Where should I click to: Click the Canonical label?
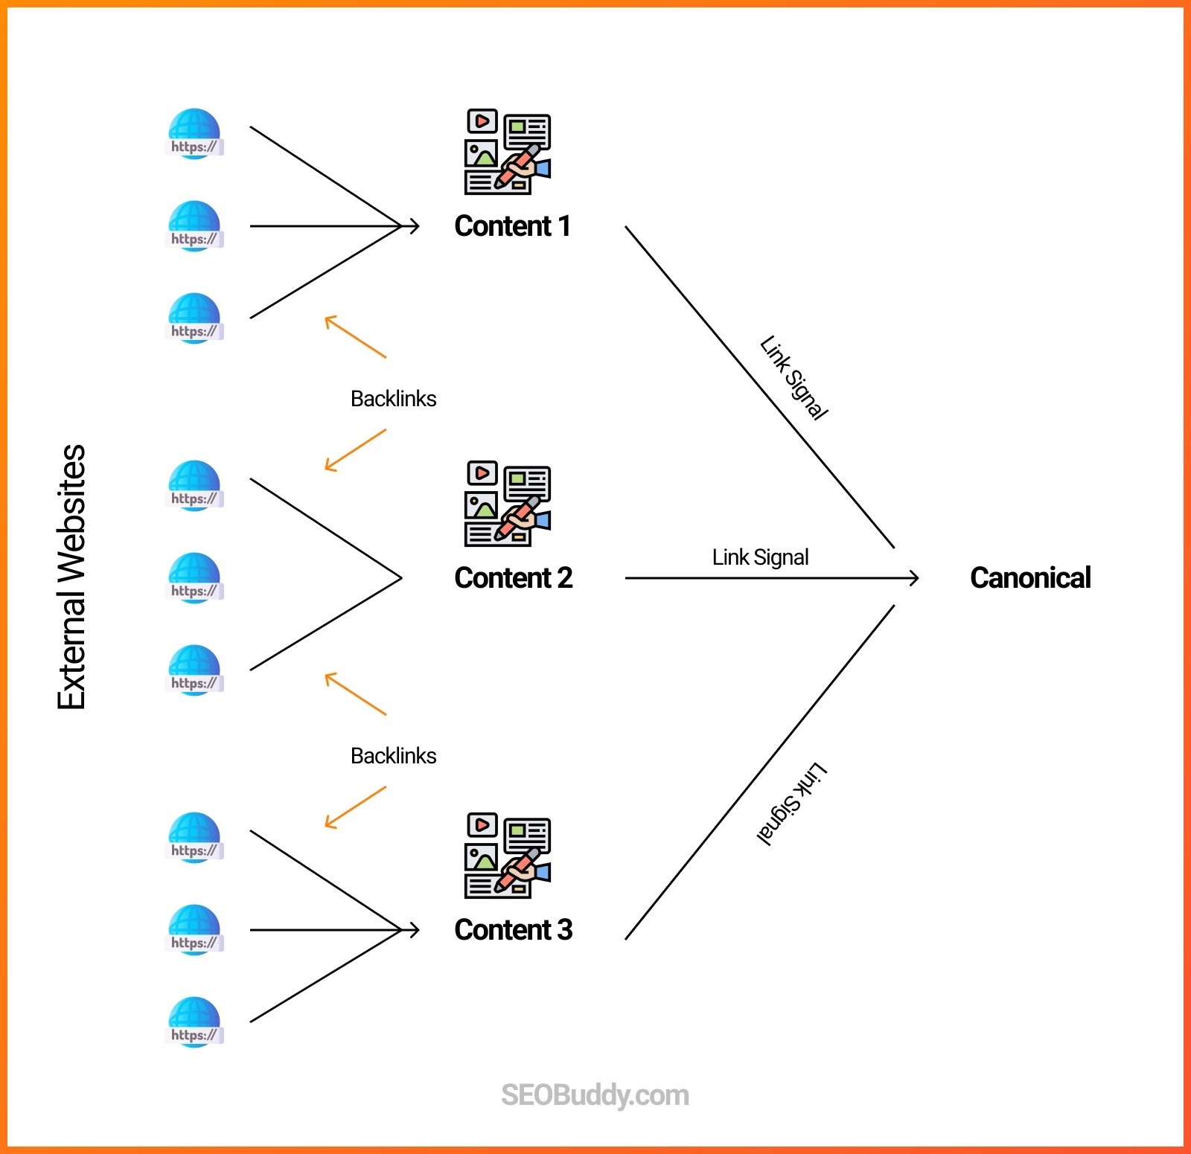coord(1030,578)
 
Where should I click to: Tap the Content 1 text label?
coord(512,226)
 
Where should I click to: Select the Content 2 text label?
coord(513,578)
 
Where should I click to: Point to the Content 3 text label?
coord(513,930)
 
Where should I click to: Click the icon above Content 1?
coord(508,152)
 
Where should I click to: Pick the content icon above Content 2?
coord(508,504)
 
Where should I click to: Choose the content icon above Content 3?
coord(508,856)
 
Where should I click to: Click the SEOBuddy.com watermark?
coord(595,1095)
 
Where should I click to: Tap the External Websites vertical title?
coord(72,577)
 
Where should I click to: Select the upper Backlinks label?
coord(393,399)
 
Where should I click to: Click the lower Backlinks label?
coord(393,756)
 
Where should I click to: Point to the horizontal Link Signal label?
coord(760,557)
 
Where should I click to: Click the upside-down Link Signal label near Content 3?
coord(792,804)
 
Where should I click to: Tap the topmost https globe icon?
coord(194,134)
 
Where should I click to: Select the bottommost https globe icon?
coord(194,1022)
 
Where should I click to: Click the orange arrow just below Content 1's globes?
coord(355,336)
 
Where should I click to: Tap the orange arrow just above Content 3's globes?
coord(355,807)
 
